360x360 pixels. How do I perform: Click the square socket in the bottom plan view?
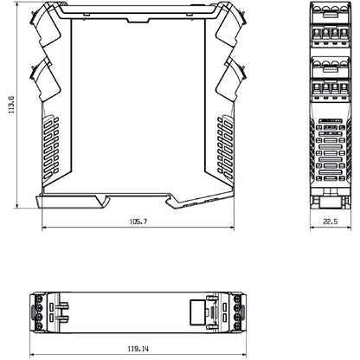point(197,309)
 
